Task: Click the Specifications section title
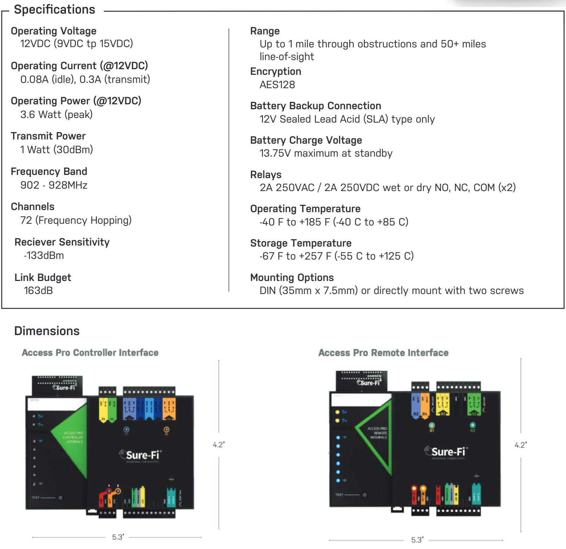pos(54,9)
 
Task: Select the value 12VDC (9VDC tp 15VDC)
pos(77,44)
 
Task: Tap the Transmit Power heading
pos(48,136)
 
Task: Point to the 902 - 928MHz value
pos(54,185)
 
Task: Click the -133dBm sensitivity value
pos(44,255)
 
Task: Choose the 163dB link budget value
pos(38,290)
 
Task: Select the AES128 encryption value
pos(277,85)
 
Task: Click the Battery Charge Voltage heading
pos(306,140)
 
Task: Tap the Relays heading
pos(266,175)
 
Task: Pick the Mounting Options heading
pos(292,277)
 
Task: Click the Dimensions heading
pos(47,331)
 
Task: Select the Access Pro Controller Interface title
pos(90,353)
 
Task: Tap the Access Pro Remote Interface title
pos(383,353)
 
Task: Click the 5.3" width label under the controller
pos(118,537)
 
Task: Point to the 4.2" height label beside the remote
pos(521,445)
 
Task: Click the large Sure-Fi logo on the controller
pos(140,455)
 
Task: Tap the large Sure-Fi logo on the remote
pos(445,452)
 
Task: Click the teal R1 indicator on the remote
pos(432,426)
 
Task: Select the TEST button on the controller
pos(60,498)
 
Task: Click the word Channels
pos(33,207)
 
